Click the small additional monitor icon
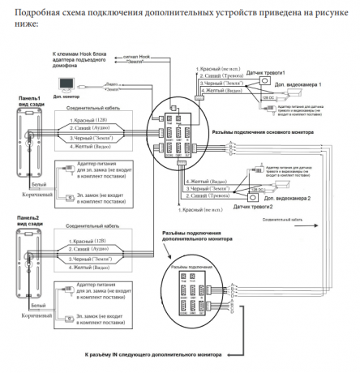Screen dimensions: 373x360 pos(67,81)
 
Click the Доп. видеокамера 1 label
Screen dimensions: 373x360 pos(304,85)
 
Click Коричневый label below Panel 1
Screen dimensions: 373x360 pos(37,195)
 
